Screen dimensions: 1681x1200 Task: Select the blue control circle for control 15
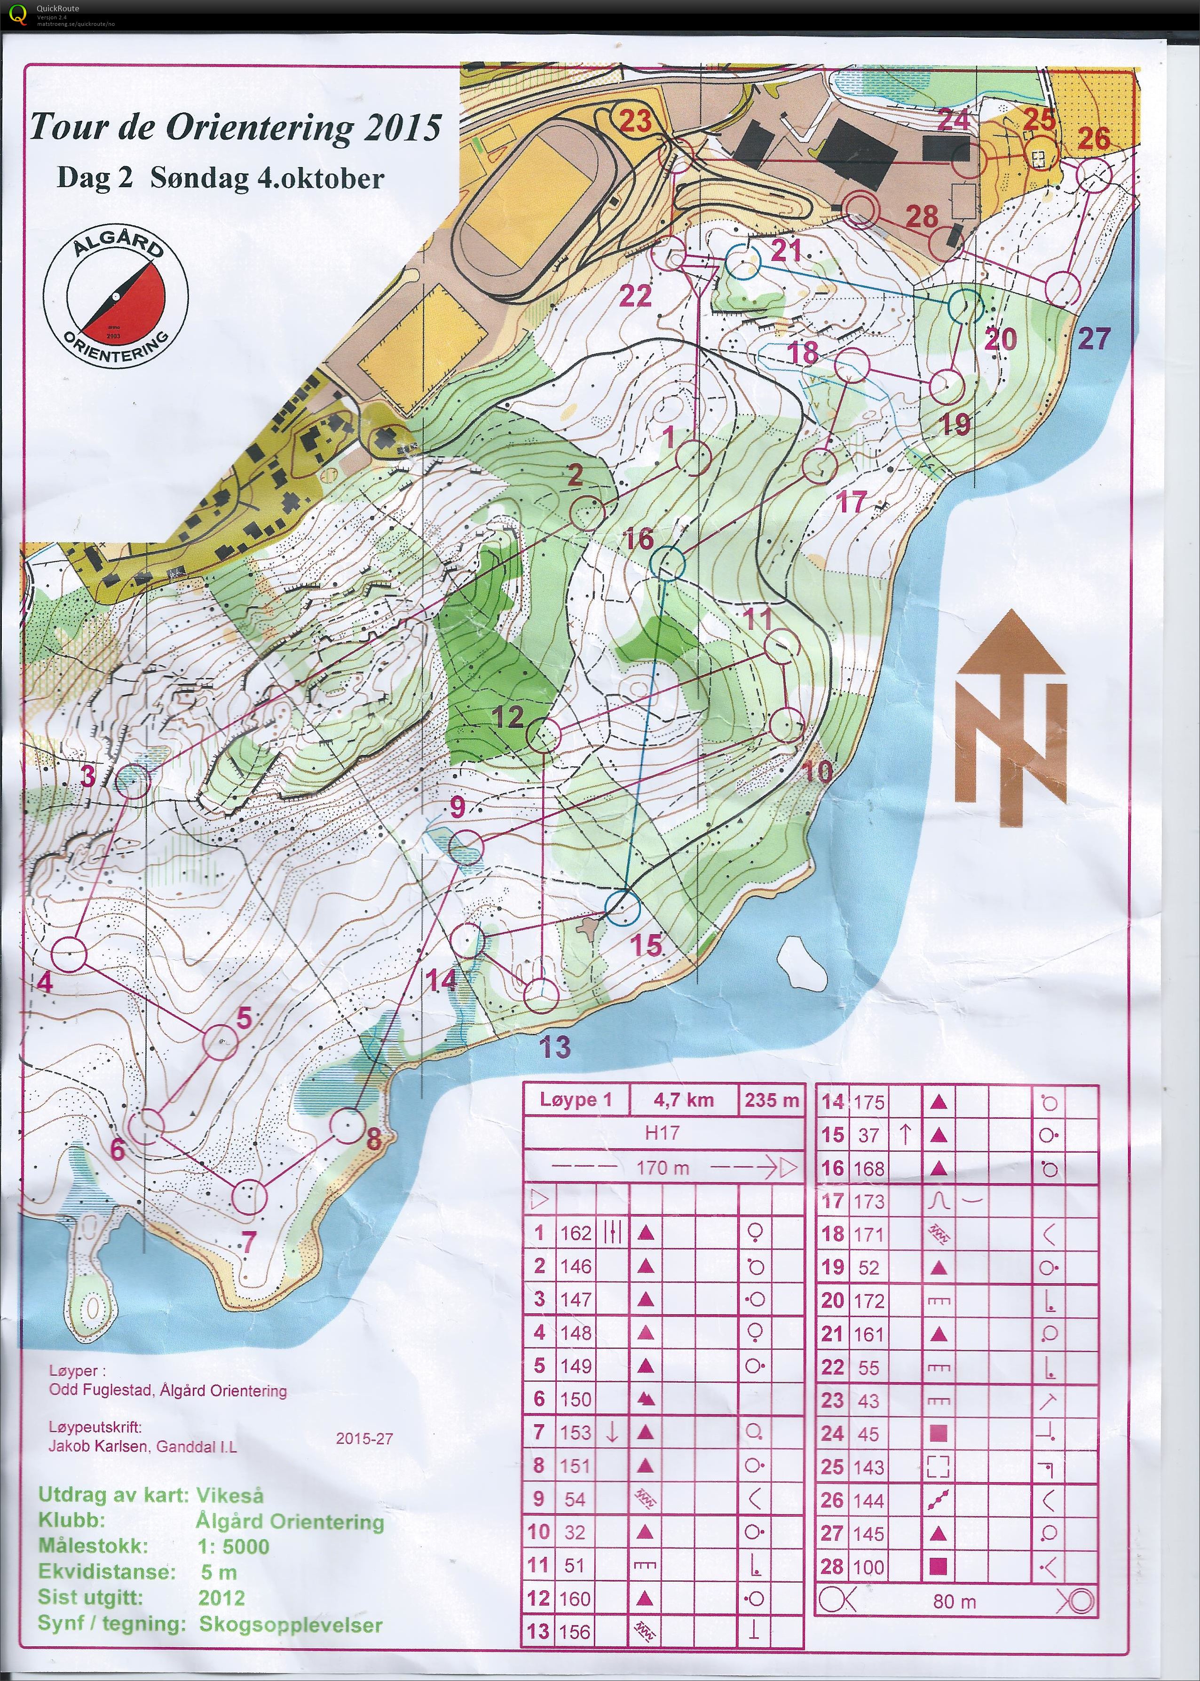(x=622, y=907)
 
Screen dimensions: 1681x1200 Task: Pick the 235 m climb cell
(x=771, y=1100)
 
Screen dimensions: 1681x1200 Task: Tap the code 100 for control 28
(x=868, y=1567)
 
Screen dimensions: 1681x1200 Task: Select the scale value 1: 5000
(x=233, y=1546)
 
